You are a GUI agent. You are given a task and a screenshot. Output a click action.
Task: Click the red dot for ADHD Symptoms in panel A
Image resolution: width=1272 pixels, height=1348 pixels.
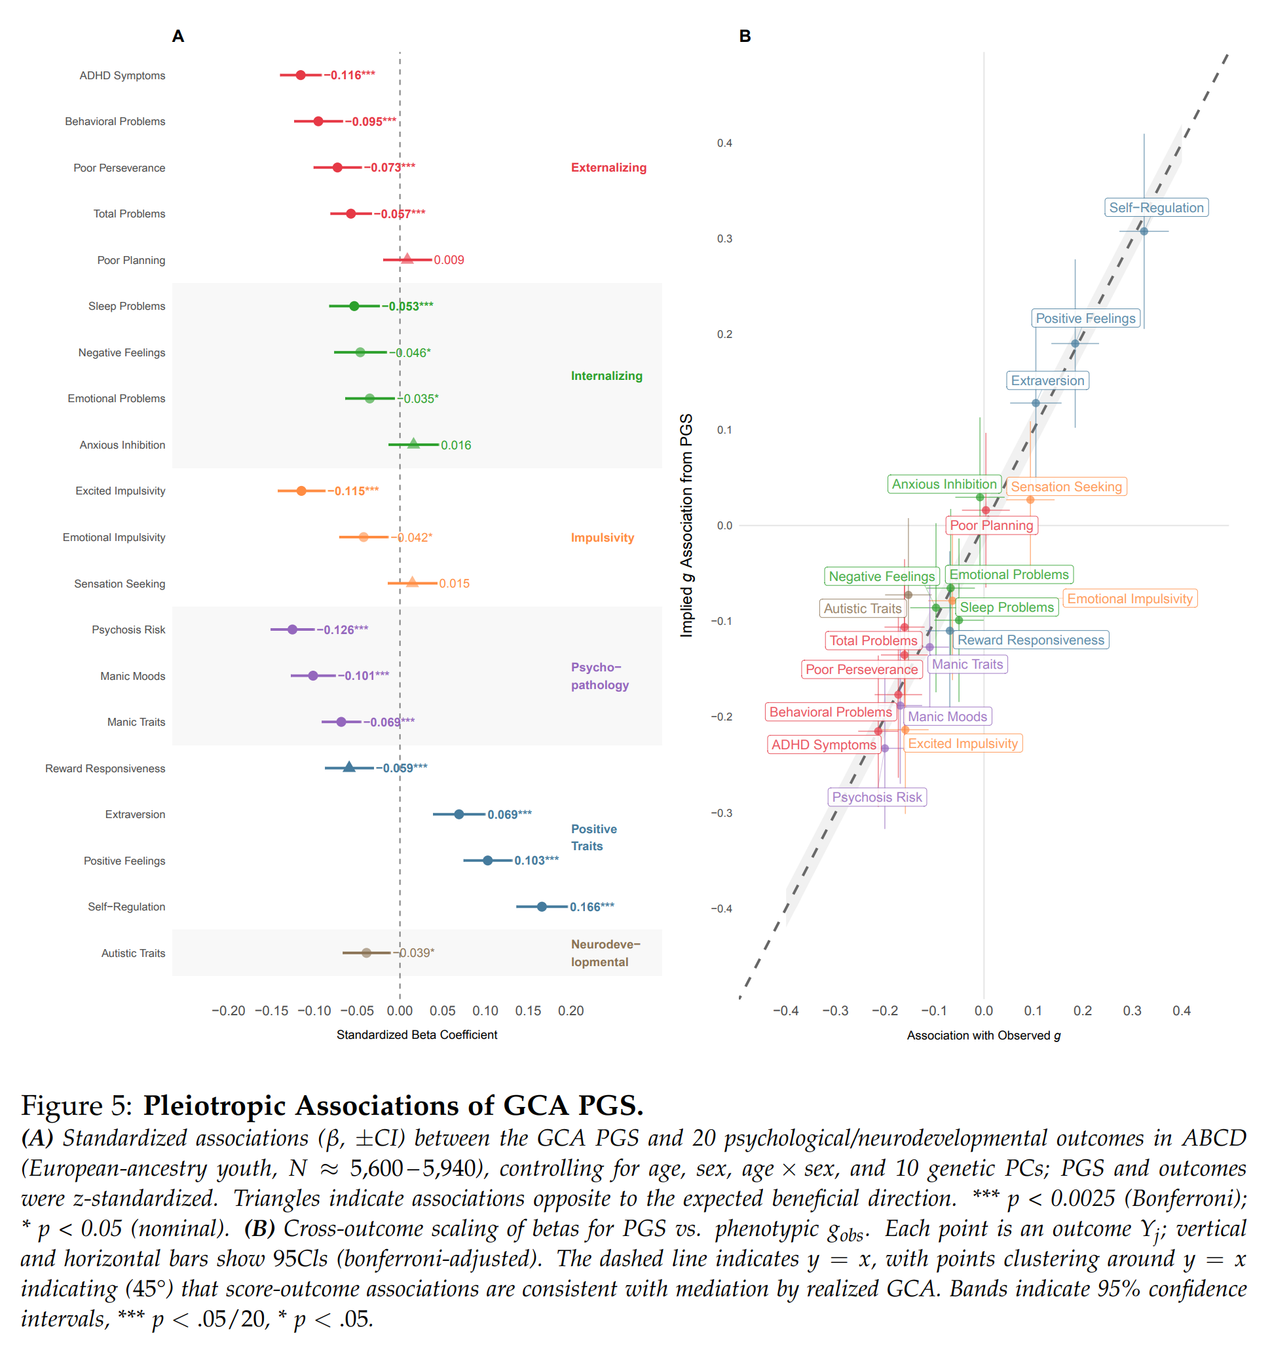(x=301, y=75)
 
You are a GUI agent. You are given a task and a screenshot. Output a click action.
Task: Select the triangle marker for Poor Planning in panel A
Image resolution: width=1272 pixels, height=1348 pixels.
(x=407, y=259)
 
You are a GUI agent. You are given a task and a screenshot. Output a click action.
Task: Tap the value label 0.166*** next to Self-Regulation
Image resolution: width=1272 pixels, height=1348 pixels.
(x=591, y=907)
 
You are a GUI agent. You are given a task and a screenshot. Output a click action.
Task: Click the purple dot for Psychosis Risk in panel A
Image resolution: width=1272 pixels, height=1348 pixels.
(x=292, y=629)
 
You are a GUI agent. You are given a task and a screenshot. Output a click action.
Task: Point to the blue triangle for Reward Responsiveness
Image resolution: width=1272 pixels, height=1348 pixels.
(x=348, y=767)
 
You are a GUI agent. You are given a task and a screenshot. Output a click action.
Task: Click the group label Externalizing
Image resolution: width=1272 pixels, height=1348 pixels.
(x=608, y=168)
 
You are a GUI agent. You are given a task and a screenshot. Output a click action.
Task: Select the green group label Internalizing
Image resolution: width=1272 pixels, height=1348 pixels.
(x=606, y=376)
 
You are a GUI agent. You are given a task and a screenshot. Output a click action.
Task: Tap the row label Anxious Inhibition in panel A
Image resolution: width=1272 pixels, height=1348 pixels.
(x=122, y=445)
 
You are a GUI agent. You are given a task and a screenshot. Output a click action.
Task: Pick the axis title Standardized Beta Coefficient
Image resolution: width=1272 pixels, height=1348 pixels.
(x=417, y=1035)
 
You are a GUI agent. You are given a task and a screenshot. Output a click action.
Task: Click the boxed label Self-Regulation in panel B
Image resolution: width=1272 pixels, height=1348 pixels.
(x=1156, y=208)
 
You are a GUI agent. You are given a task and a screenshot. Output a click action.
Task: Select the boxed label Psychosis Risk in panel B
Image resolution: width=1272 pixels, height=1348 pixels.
(x=876, y=796)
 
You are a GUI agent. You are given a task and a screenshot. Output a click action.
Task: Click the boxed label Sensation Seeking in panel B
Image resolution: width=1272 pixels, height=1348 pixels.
(x=1066, y=486)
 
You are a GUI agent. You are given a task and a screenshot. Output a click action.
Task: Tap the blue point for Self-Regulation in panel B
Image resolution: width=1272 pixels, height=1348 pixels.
(x=1144, y=231)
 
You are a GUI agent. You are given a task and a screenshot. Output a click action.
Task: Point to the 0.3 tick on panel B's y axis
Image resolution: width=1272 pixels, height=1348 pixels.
(x=724, y=238)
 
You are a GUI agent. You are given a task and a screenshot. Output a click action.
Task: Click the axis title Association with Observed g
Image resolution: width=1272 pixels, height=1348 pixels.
(x=983, y=1036)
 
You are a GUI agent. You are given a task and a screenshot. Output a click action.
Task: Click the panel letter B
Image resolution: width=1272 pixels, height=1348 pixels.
(x=745, y=36)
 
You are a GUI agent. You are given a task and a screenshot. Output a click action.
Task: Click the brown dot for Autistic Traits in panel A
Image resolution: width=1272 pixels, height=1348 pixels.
(x=366, y=952)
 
